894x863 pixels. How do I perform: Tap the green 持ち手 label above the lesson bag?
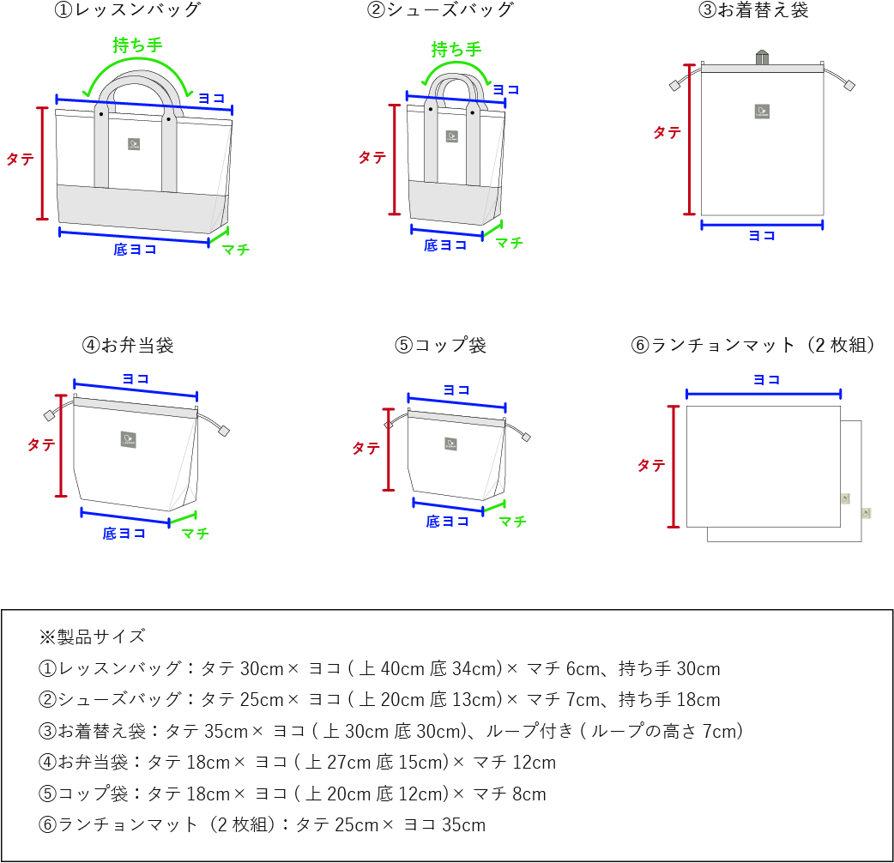(137, 45)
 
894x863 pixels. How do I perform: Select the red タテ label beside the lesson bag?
(21, 159)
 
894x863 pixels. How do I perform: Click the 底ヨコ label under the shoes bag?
(445, 244)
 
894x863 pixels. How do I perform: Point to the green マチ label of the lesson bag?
(235, 250)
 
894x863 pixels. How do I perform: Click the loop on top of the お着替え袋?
(761, 57)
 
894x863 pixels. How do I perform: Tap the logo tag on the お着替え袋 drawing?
(762, 111)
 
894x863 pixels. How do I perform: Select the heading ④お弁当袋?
(128, 345)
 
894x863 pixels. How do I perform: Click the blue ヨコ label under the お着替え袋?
(761, 236)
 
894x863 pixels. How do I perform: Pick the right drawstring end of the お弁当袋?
(225, 431)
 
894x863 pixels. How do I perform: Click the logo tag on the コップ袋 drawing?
(450, 444)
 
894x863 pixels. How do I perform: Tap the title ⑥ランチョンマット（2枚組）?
(756, 345)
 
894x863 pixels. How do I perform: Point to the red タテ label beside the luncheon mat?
(651, 466)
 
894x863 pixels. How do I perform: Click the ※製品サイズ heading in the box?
(93, 637)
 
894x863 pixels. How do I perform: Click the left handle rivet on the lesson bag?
(101, 113)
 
